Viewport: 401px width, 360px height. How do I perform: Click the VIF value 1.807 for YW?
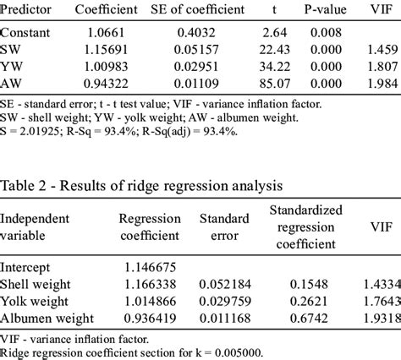coord(379,66)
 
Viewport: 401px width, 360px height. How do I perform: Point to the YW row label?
coord(12,66)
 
